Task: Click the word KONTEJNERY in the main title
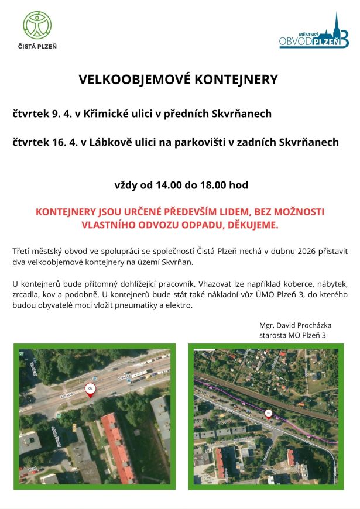tap(235, 80)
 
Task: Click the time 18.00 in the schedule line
tap(214, 185)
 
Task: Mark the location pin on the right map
tap(269, 414)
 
